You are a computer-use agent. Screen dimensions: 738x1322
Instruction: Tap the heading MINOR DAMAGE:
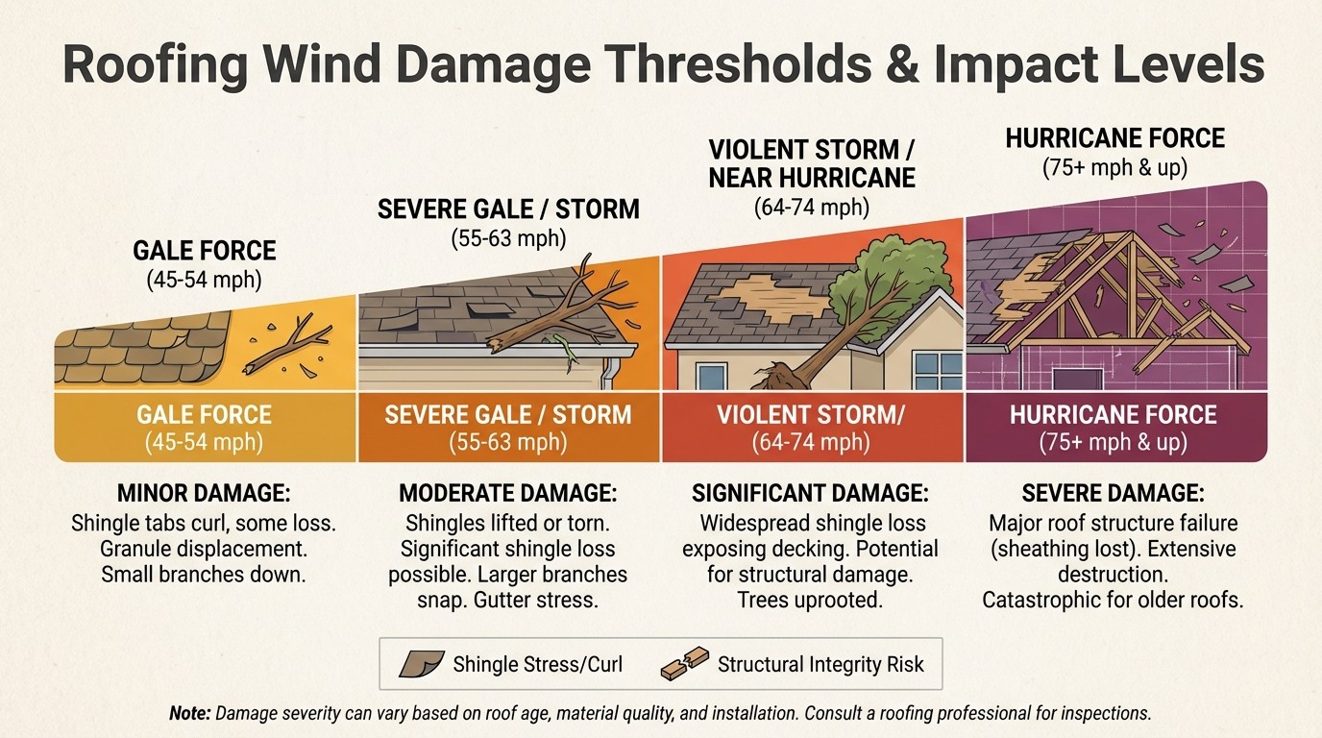(204, 494)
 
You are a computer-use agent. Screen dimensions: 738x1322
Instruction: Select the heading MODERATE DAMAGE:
(507, 494)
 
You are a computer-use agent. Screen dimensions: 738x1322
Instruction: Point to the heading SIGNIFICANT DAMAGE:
(810, 494)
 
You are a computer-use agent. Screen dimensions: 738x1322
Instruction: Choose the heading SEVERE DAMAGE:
(1113, 494)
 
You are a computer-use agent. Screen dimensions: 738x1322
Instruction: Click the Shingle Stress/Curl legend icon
(421, 663)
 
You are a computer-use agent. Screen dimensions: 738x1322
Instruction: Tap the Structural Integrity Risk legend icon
(685, 663)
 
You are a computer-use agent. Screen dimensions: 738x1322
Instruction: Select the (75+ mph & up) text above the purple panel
(1114, 167)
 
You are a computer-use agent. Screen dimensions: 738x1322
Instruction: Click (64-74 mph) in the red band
(811, 443)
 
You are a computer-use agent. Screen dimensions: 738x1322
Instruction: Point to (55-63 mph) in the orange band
(507, 443)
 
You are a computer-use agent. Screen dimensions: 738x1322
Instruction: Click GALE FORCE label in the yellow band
(204, 415)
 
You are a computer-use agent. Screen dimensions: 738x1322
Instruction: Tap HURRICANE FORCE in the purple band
(1114, 415)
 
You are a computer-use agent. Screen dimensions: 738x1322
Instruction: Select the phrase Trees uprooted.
(810, 600)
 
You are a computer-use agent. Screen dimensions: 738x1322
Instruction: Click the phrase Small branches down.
(204, 575)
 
